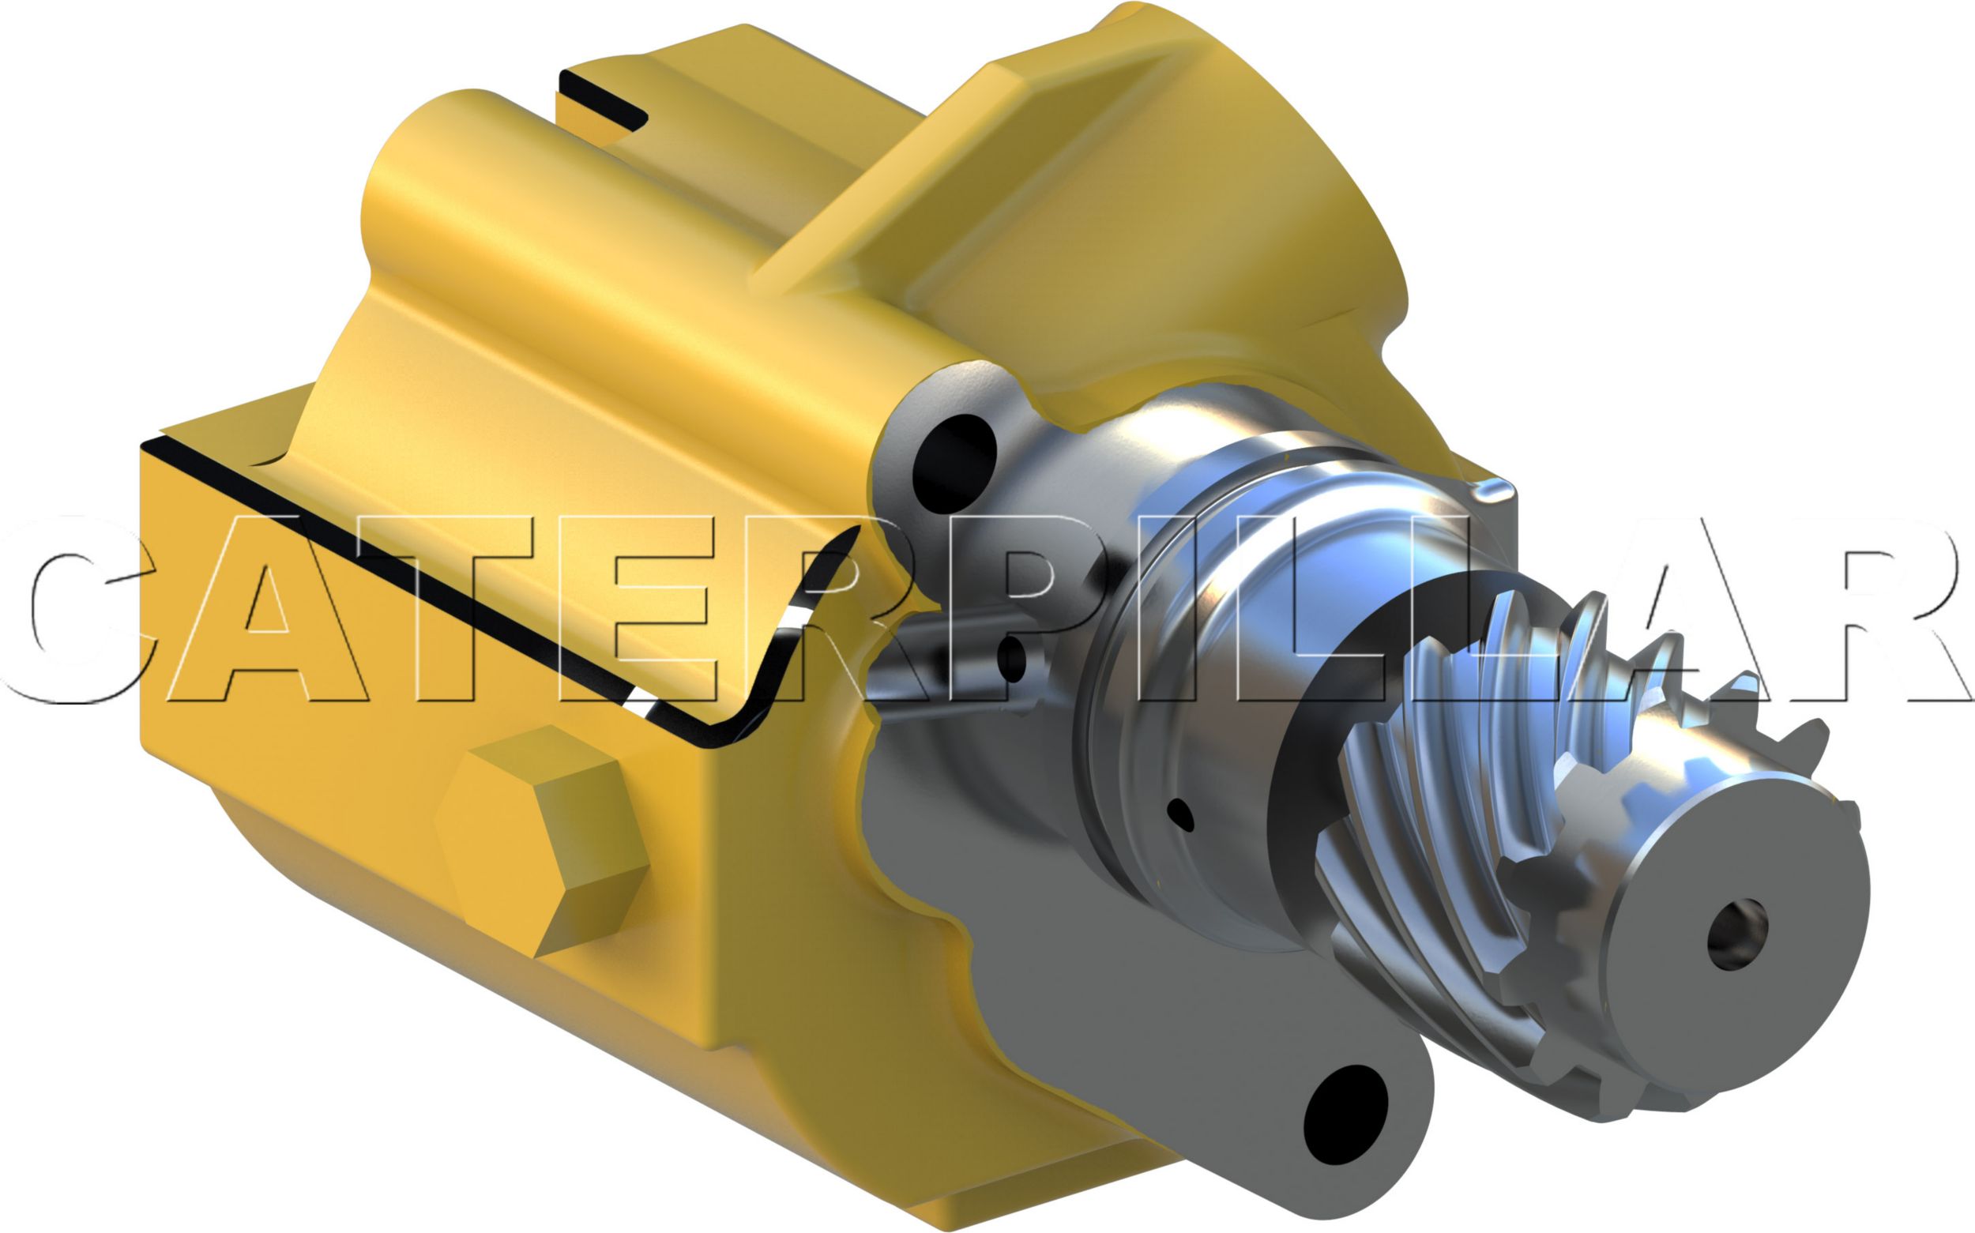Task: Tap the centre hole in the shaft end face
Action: point(1738,934)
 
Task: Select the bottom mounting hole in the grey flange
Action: point(1345,1114)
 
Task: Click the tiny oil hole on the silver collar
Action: point(1182,814)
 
